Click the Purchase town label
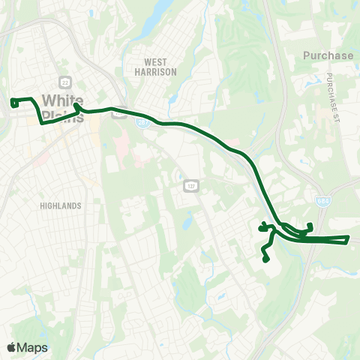click(328, 55)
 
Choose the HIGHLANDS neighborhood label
click(62, 205)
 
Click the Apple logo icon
click(11, 347)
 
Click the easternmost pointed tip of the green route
click(349, 238)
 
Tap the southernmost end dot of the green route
click(265, 260)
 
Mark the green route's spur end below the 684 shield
click(310, 226)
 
